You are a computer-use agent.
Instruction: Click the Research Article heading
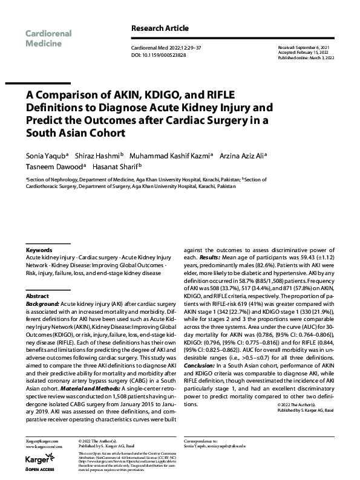point(160,28)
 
